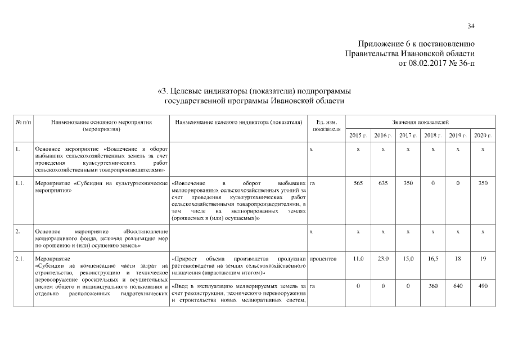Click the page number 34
point(471,26)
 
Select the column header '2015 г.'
point(358,136)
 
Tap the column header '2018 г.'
point(433,136)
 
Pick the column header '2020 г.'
point(483,136)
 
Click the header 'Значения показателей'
point(420,121)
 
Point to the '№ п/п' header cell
point(23,121)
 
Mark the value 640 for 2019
point(458,286)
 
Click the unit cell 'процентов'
point(323,259)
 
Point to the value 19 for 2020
point(483,259)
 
